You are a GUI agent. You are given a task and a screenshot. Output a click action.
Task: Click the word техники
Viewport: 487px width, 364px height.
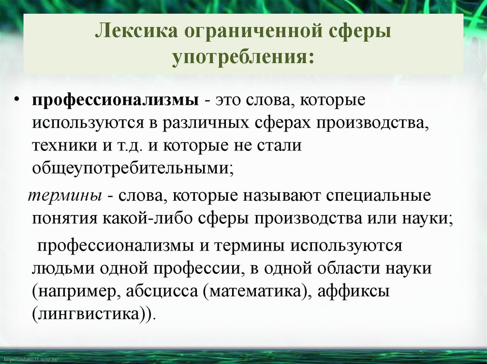[64, 145]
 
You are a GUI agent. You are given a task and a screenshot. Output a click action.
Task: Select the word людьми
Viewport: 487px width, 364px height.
[64, 269]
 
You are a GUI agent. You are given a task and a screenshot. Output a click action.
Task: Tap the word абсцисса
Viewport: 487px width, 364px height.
[163, 291]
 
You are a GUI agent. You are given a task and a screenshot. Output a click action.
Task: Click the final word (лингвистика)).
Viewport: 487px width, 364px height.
[94, 314]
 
